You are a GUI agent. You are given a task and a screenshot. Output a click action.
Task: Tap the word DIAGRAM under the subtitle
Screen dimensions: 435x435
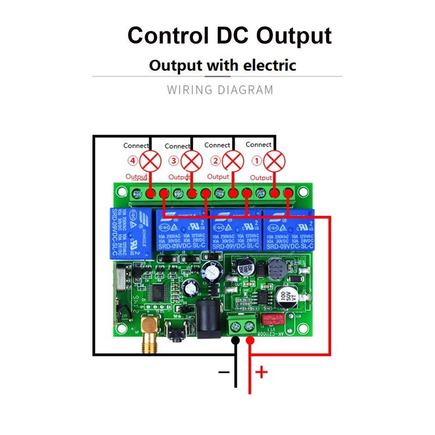pyautogui.click(x=245, y=90)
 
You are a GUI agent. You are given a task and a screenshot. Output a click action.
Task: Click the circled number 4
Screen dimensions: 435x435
pyautogui.click(x=133, y=161)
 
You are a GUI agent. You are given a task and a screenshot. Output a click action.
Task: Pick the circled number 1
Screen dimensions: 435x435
pyautogui.click(x=258, y=161)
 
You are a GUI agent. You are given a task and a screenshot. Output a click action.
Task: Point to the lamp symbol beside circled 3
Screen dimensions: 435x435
pyautogui.click(x=191, y=161)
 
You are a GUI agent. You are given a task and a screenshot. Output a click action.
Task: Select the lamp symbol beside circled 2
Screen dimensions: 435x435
pyautogui.click(x=233, y=161)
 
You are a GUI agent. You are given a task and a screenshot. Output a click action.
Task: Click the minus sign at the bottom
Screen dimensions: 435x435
pyautogui.click(x=223, y=373)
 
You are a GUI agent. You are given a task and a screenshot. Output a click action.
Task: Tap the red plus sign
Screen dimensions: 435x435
pyautogui.click(x=262, y=372)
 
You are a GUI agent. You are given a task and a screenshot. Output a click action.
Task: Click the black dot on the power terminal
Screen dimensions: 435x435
pyautogui.click(x=235, y=341)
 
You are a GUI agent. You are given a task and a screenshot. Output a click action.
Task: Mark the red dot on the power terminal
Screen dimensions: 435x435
pyautogui.click(x=250, y=341)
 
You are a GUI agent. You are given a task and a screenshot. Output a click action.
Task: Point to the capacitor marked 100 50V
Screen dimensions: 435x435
pyautogui.click(x=283, y=297)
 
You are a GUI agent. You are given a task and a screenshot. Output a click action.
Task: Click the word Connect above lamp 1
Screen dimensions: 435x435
pyautogui.click(x=259, y=145)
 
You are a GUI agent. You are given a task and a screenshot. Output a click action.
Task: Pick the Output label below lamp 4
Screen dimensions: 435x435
pyautogui.click(x=136, y=177)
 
